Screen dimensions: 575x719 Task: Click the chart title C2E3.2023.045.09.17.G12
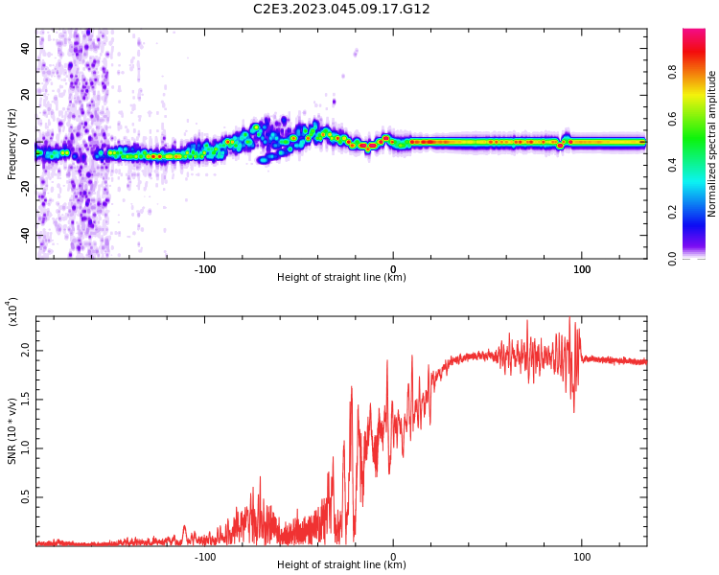[x=341, y=9]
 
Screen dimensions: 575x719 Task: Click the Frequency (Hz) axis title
[x=12, y=144]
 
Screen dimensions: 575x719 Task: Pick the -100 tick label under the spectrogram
[x=204, y=269]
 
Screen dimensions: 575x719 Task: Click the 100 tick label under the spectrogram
[x=581, y=269]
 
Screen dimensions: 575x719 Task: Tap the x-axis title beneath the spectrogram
[x=341, y=278]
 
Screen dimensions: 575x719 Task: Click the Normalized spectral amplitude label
[x=712, y=144]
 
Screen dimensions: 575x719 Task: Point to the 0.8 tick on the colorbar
[x=699, y=72]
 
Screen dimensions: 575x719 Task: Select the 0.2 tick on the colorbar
[x=699, y=212]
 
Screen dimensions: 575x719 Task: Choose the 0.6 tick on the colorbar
[x=699, y=119]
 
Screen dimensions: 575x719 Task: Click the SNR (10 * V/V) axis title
[x=12, y=431]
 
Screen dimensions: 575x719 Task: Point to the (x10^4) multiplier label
[x=13, y=312]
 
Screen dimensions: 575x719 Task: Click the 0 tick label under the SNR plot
[x=393, y=557]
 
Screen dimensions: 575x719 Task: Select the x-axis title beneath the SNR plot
[x=341, y=565]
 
